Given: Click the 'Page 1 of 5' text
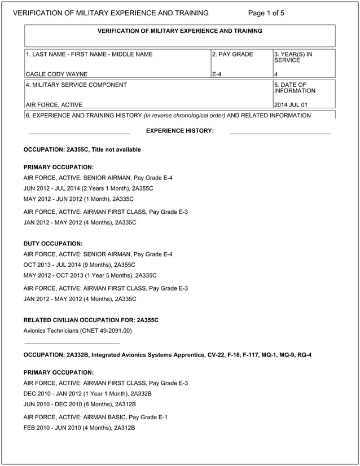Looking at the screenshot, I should [x=266, y=13].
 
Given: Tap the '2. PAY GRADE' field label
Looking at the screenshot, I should [x=232, y=55].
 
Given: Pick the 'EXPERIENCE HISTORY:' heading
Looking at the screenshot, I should [x=179, y=131].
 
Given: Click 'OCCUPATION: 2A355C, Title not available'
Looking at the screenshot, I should [x=82, y=150].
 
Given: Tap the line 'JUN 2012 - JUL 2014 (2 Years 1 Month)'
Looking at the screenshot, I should [x=89, y=188].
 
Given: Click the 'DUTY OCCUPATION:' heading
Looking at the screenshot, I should [x=53, y=244].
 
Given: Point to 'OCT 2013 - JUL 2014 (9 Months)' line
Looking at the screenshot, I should [x=80, y=265].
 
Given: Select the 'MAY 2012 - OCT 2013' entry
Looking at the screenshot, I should [x=90, y=275].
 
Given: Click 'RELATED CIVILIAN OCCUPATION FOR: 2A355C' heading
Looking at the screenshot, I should [x=91, y=320].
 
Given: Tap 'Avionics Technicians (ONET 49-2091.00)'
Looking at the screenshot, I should [x=77, y=331].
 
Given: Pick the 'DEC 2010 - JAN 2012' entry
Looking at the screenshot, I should [x=87, y=393].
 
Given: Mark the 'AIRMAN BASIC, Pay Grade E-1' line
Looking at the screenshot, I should [x=95, y=417].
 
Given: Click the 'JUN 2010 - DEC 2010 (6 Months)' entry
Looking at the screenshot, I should [x=80, y=404].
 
